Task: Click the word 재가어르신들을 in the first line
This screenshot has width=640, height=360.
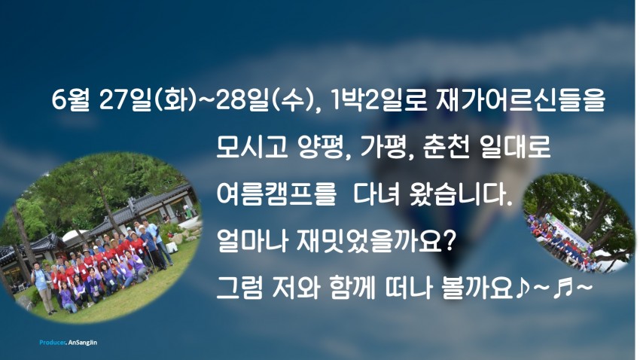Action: tap(520, 99)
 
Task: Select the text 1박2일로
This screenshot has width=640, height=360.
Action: tap(379, 99)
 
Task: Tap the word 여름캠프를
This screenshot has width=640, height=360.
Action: tap(276, 194)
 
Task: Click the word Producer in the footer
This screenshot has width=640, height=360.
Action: tap(52, 343)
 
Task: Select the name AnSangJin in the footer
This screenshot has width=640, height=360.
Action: tap(83, 343)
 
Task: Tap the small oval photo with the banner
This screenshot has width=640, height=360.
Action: tap(579, 222)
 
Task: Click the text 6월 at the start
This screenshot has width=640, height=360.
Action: tap(70, 99)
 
